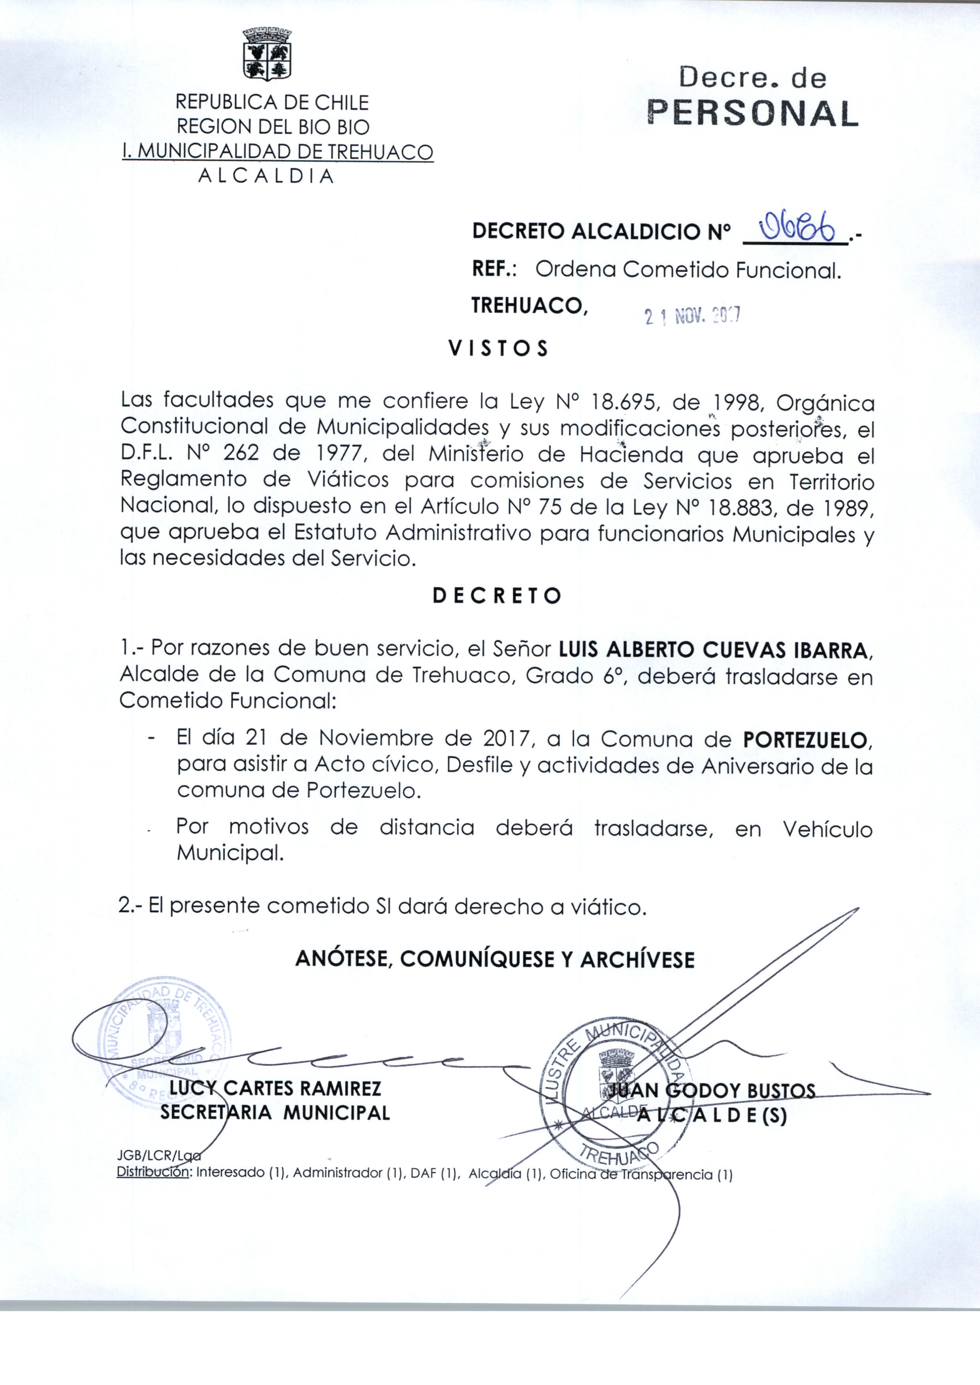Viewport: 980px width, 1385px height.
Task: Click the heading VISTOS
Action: [x=498, y=349]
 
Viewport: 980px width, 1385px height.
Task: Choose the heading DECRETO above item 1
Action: [x=497, y=596]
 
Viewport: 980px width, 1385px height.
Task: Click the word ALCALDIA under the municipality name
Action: [x=266, y=176]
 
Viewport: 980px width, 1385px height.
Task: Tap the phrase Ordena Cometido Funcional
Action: [x=688, y=270]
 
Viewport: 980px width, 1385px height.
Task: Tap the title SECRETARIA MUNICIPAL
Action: [x=275, y=1112]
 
